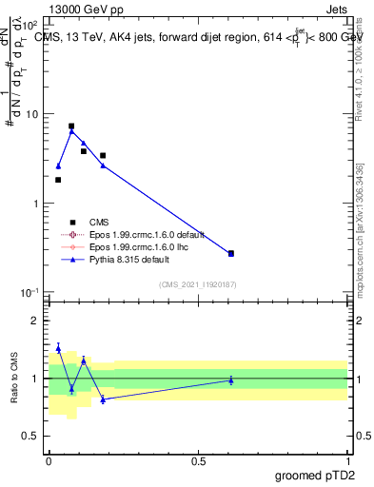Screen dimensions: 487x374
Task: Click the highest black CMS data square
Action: [x=71, y=126]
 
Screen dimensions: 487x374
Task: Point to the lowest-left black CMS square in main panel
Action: [x=58, y=180]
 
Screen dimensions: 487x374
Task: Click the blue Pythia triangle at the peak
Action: [x=71, y=131]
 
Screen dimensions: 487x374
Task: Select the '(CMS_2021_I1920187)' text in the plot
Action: [x=197, y=283]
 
